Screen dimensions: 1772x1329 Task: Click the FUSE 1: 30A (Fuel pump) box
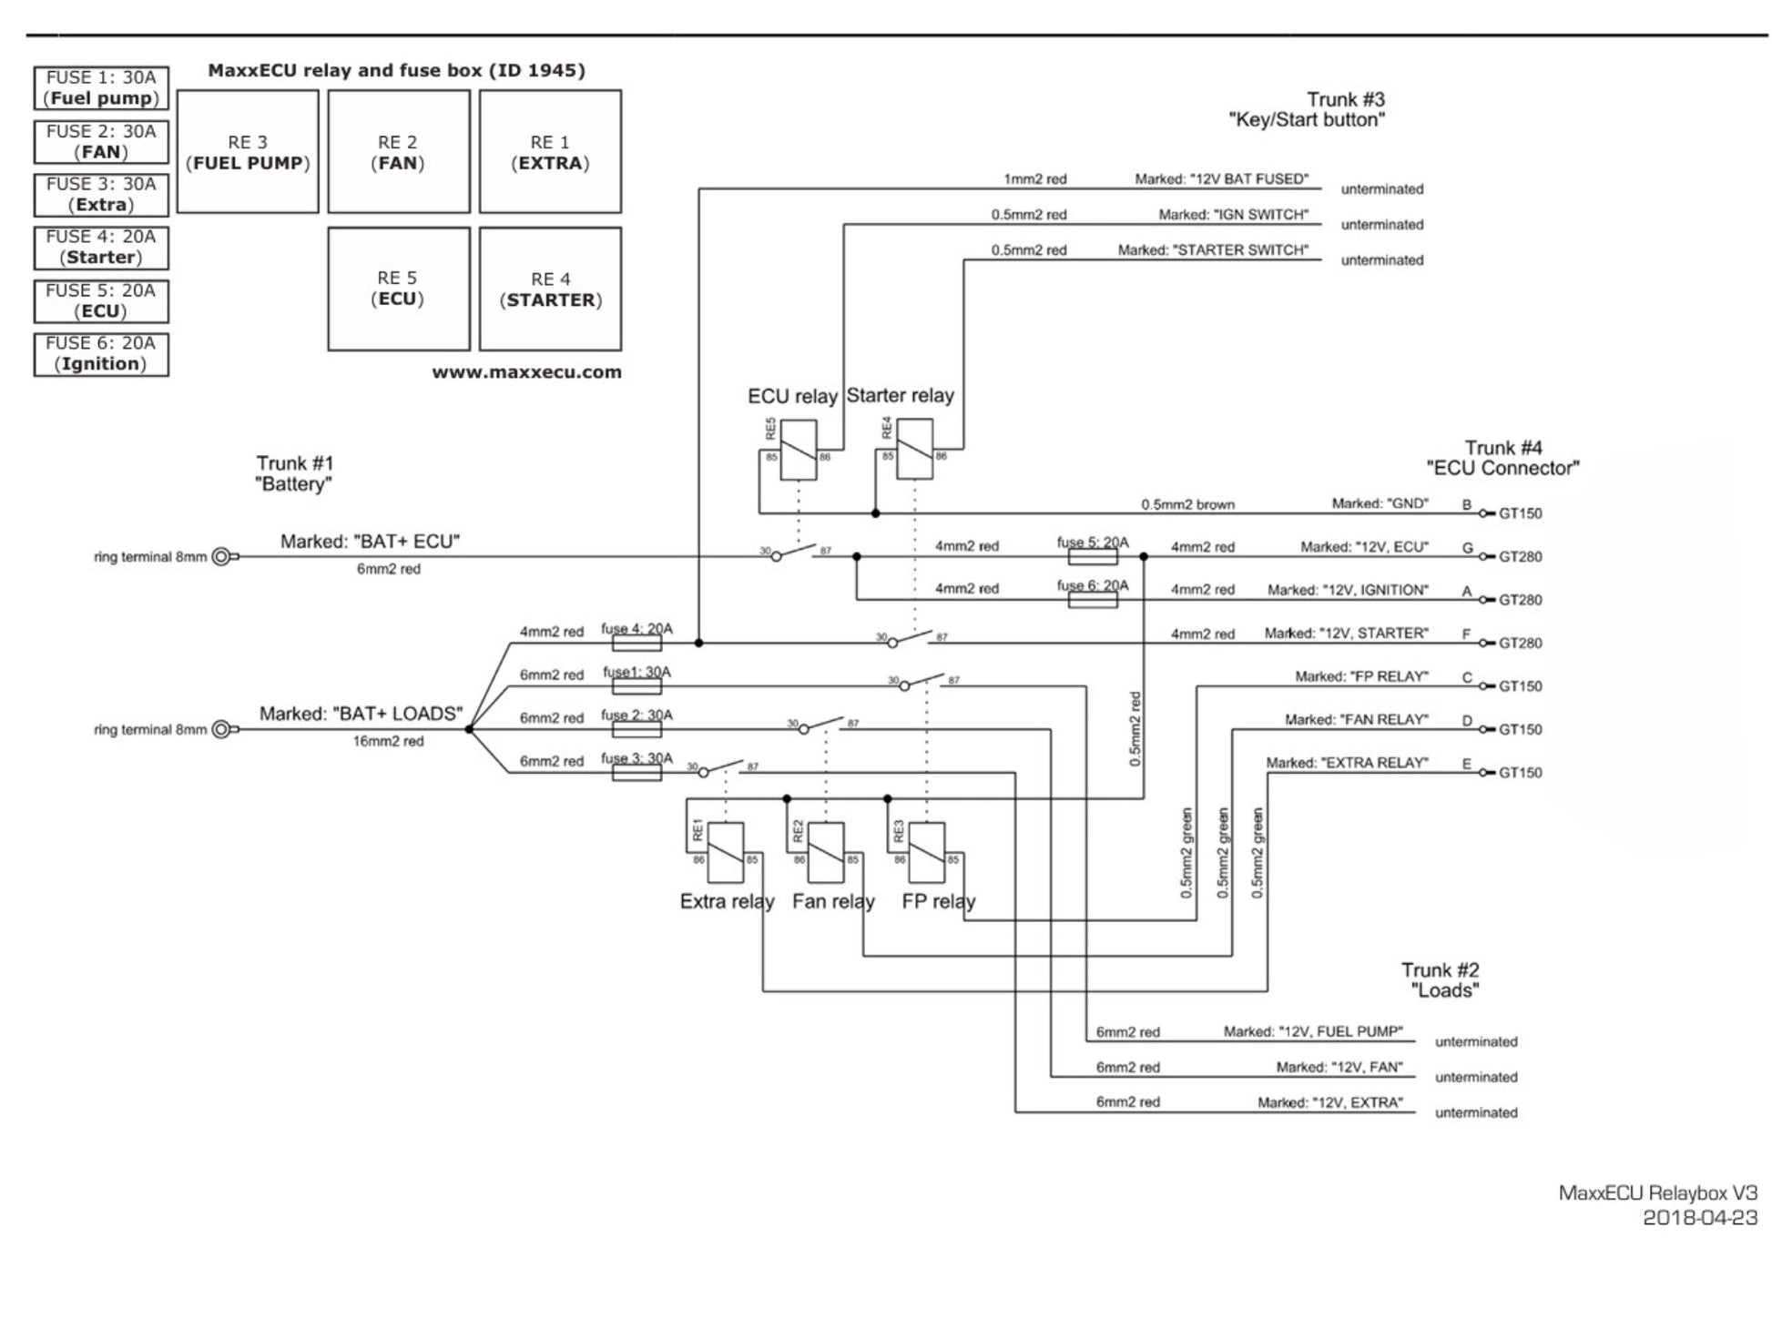click(x=101, y=88)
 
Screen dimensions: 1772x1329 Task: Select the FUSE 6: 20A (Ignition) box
click(x=101, y=354)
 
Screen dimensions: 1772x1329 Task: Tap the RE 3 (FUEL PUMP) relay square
click(x=248, y=152)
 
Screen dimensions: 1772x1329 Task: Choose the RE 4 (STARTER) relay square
click(x=550, y=289)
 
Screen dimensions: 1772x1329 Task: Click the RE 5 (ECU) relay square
click(x=399, y=289)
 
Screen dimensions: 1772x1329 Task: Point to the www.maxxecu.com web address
click(x=526, y=372)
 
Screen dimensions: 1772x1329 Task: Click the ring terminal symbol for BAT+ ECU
click(x=224, y=557)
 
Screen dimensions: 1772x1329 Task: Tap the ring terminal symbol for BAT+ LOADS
click(x=224, y=729)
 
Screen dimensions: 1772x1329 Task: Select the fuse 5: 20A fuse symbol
click(x=1092, y=556)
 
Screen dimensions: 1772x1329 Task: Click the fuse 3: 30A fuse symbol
click(x=636, y=773)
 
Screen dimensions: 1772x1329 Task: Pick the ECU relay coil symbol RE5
click(x=799, y=450)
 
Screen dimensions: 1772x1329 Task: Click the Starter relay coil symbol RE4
click(x=914, y=449)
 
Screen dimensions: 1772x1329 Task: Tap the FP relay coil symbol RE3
click(x=927, y=853)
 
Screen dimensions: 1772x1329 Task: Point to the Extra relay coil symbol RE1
click(x=726, y=853)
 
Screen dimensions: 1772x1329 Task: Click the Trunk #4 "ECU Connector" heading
click(x=1502, y=458)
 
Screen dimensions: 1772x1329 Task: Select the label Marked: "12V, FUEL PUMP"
click(x=1313, y=1032)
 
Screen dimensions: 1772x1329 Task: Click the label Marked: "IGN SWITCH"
click(x=1233, y=215)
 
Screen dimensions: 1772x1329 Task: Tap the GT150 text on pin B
click(x=1521, y=513)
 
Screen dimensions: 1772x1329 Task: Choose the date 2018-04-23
click(x=1700, y=1218)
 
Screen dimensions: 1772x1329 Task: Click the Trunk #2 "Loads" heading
click(x=1441, y=980)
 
